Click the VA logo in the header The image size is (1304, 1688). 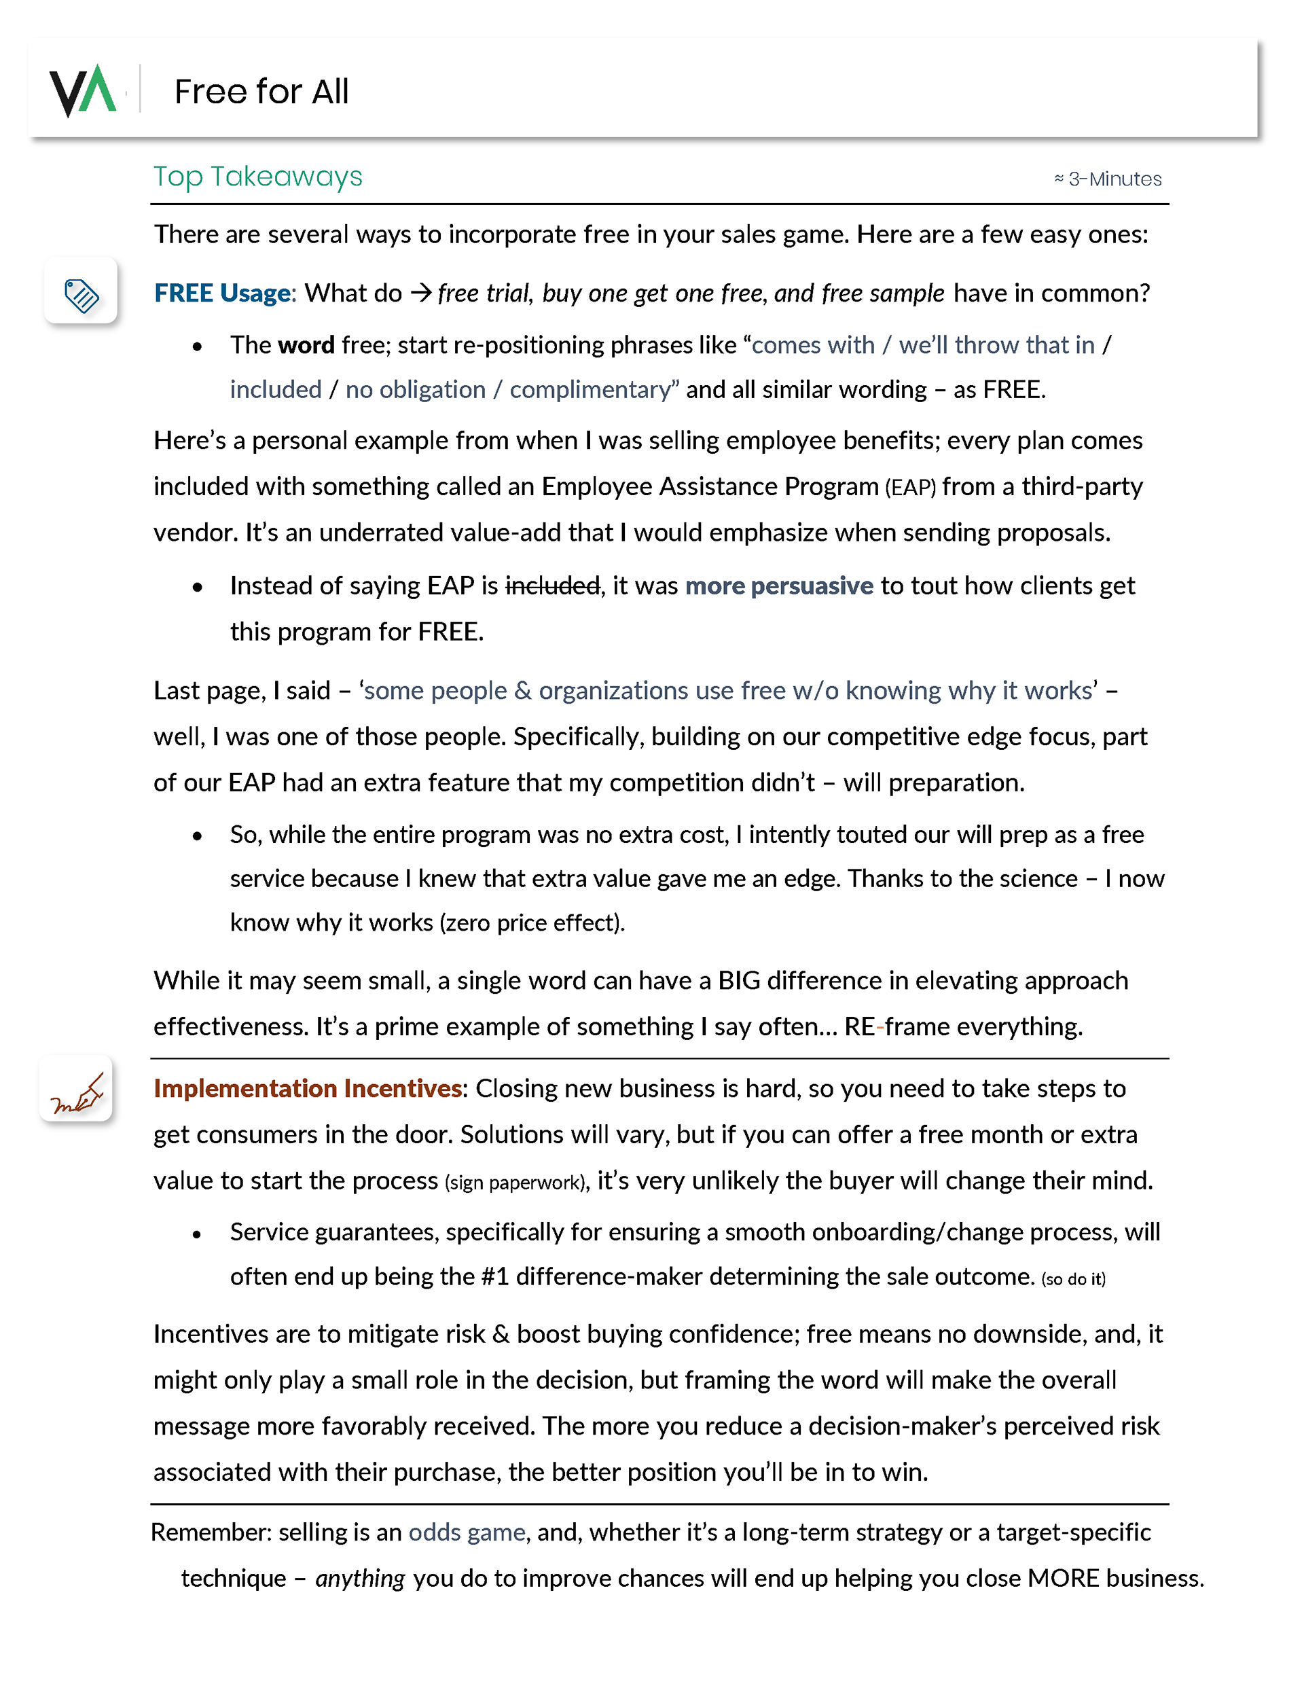coord(84,90)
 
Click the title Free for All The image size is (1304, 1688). coord(261,92)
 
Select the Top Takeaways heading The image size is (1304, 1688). coord(257,177)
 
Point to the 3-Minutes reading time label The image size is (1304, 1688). coord(1107,179)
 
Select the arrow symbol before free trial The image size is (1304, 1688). coord(420,293)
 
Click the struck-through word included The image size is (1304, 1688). coord(553,586)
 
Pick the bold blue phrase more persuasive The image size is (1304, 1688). coord(779,586)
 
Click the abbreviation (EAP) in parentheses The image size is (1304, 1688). coord(910,488)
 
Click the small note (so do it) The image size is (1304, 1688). coord(1073,1279)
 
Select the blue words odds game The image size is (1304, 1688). coord(467,1532)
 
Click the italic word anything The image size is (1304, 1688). coord(359,1578)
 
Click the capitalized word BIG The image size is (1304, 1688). coord(739,981)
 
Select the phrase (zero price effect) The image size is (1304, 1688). coord(532,923)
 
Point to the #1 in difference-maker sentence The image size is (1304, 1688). coord(494,1277)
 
